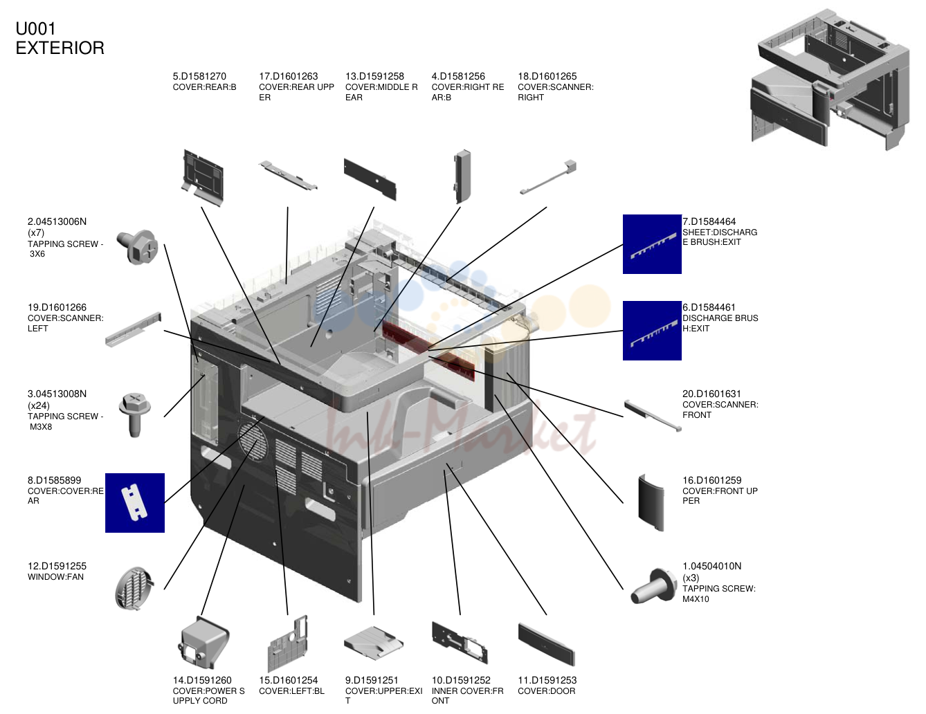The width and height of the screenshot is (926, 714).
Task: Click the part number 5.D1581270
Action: (199, 77)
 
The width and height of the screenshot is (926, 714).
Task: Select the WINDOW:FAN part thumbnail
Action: (134, 588)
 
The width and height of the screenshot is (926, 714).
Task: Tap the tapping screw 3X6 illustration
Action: (138, 247)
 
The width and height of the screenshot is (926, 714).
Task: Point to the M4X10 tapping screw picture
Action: (653, 586)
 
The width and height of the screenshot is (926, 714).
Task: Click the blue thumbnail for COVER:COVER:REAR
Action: (135, 503)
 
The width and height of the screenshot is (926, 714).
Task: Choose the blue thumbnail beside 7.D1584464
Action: (652, 244)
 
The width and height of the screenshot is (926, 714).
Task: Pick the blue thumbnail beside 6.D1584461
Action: (652, 331)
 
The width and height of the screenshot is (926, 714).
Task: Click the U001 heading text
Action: (35, 29)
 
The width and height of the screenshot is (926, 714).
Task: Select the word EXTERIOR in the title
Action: (60, 48)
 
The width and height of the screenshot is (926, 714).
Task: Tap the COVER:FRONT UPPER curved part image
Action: (651, 503)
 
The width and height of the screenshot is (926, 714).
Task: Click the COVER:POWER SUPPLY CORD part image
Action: (203, 643)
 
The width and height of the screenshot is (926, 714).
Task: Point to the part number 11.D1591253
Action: (547, 680)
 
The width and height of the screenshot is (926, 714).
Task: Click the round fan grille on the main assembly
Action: (253, 441)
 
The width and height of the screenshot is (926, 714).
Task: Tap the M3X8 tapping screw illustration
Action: (135, 414)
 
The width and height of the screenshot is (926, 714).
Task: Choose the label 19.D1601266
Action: (57, 308)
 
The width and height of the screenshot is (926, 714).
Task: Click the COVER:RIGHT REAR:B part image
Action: (462, 176)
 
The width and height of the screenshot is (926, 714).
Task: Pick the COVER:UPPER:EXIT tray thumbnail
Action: (373, 643)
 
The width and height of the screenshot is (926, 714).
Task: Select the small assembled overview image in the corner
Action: (830, 80)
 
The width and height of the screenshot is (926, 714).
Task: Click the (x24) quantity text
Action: (39, 405)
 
